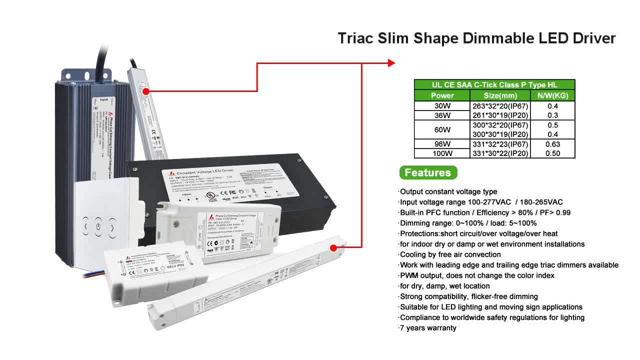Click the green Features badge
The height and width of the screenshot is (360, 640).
coord(427,173)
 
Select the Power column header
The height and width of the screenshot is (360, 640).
coord(442,95)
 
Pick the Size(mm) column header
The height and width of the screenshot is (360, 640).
coord(500,95)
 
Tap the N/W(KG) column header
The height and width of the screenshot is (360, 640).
coord(552,95)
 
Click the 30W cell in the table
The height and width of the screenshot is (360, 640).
coord(442,106)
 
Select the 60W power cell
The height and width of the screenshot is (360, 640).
coord(442,130)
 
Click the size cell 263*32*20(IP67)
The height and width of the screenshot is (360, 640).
coord(500,106)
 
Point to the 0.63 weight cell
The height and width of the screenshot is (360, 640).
coord(552,144)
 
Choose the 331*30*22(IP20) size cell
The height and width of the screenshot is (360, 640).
coord(500,153)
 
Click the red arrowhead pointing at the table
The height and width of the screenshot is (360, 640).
coord(391,63)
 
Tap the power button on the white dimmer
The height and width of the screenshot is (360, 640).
coord(98,226)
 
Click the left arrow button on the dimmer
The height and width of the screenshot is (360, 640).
coord(85,227)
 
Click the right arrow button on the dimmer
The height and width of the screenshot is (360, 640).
coord(112,228)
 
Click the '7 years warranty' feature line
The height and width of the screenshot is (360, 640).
coord(428,328)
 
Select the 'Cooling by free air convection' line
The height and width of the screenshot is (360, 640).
coord(450,254)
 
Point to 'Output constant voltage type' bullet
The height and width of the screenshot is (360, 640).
coord(448,191)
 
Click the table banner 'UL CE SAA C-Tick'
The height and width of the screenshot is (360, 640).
coord(494,85)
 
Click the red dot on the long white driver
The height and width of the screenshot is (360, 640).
coord(334,247)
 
